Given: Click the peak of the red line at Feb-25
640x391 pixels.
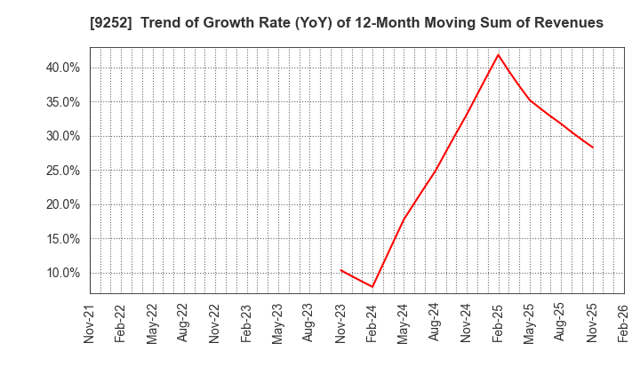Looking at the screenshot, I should [499, 54].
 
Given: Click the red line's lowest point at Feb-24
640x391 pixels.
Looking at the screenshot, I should [372, 286].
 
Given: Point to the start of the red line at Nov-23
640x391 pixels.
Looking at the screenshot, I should [341, 270].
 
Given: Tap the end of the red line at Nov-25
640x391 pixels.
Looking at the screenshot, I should [593, 148].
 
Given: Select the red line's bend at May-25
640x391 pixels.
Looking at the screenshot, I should [530, 100].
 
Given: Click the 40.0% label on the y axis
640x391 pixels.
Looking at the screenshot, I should [62, 68].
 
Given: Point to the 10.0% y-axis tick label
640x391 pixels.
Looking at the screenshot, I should [62, 273].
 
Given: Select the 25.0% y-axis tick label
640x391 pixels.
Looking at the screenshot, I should [62, 171].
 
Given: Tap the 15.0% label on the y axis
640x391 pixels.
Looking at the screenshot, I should [62, 239].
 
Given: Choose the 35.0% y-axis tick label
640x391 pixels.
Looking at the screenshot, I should [62, 102].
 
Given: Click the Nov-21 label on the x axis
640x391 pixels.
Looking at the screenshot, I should [90, 323].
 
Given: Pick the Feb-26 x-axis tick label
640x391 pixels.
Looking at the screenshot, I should [624, 323].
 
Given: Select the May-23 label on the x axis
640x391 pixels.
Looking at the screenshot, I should [278, 323].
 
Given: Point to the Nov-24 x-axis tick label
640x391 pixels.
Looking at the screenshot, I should [467, 323].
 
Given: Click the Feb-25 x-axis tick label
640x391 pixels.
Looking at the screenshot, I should [499, 323].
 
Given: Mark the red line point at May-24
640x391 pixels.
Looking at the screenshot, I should [404, 218].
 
